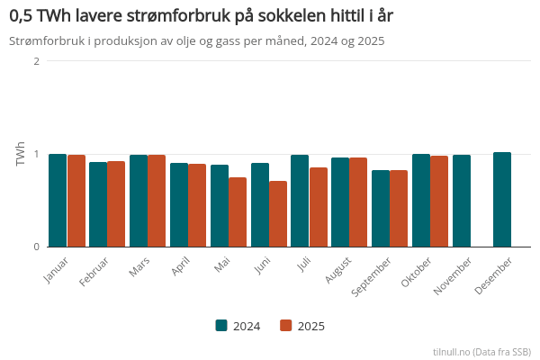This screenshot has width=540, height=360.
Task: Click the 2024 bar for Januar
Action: (58, 201)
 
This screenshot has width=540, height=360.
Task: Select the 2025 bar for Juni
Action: (278, 214)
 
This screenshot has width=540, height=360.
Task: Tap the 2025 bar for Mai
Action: (238, 212)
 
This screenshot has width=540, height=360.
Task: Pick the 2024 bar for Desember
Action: (502, 200)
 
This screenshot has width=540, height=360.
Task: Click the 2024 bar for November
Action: (462, 201)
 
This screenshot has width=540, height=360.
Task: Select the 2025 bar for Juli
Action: (319, 207)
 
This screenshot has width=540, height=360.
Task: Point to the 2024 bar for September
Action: (381, 209)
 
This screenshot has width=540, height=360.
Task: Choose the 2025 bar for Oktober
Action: (439, 202)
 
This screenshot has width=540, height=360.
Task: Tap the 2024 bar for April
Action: (179, 205)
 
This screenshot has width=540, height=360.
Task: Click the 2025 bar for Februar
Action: (116, 204)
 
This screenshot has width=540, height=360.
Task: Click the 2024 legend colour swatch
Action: (221, 326)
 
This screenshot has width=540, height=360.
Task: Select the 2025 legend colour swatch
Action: (286, 326)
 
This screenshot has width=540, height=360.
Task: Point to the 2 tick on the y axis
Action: (36, 61)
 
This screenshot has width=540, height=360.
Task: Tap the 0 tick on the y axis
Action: (36, 247)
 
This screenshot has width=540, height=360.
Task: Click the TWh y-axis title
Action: (21, 154)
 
